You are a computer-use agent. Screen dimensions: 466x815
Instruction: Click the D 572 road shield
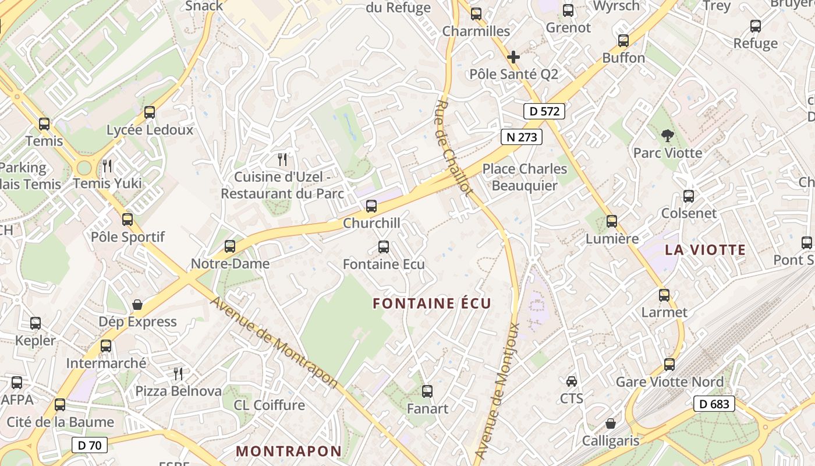544,111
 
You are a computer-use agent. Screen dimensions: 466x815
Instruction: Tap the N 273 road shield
521,137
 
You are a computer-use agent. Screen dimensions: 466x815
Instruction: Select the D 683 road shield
714,404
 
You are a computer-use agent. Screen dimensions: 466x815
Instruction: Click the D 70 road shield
90,446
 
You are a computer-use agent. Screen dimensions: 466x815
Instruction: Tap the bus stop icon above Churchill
371,206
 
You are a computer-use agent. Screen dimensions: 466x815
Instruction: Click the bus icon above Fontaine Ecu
384,246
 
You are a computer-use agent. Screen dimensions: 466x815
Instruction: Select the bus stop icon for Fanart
427,391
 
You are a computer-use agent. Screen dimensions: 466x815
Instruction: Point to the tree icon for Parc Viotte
667,136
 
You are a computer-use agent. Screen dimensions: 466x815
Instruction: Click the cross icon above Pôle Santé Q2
513,57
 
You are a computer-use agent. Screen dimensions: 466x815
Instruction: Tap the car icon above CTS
572,381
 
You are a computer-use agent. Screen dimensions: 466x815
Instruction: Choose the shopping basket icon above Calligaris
610,423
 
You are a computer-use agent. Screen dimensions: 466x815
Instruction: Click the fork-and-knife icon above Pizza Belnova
178,373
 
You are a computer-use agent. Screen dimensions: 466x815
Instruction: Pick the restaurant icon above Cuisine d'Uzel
282,159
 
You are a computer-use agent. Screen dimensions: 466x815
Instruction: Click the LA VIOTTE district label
705,250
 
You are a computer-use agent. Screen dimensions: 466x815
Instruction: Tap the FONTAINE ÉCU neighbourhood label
432,303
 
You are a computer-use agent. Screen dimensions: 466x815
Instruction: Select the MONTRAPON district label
289,451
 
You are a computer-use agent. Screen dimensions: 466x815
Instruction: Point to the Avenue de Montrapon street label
274,343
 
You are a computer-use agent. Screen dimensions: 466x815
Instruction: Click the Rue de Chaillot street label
453,148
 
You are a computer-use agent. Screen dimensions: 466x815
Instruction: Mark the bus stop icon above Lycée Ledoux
150,112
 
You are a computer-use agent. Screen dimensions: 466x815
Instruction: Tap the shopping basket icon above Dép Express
137,304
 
